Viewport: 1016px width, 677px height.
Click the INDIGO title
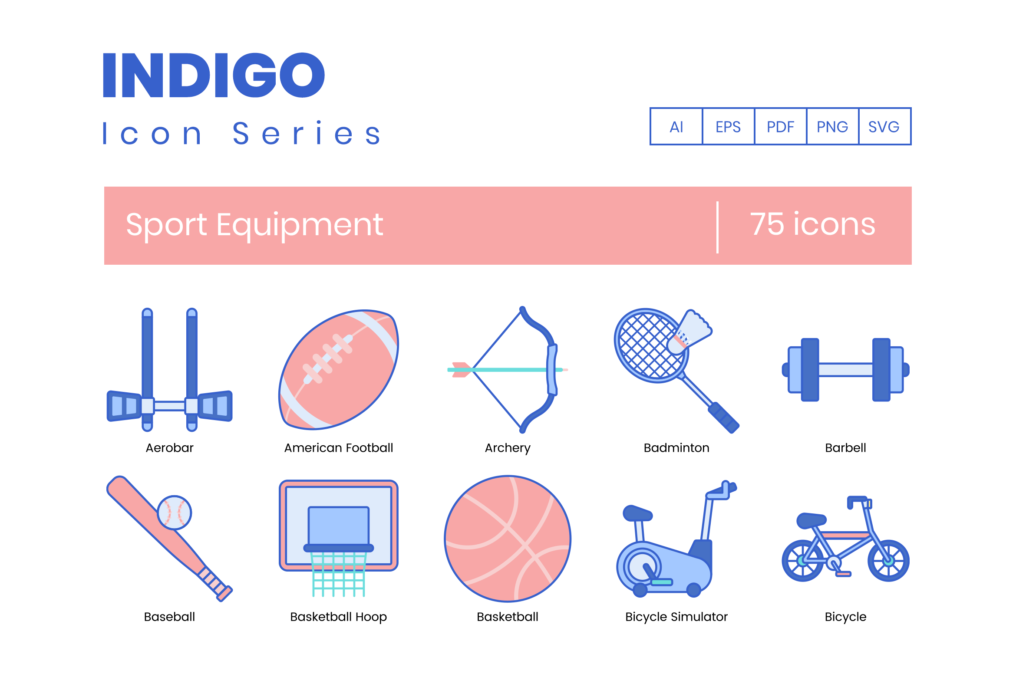214,75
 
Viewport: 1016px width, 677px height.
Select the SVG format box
884,126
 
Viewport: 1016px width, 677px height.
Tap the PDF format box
780,126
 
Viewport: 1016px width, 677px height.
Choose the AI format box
676,126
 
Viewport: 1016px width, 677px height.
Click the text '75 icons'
813,224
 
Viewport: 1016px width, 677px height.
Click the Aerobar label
169,447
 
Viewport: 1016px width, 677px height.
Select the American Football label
339,447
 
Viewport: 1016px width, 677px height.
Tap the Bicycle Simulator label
676,617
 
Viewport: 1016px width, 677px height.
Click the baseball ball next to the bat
174,513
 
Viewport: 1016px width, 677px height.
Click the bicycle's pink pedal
844,574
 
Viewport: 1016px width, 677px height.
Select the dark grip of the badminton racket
723,417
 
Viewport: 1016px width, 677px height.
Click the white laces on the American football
328,359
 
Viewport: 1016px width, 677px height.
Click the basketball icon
508,539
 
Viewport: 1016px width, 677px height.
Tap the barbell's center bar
845,370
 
